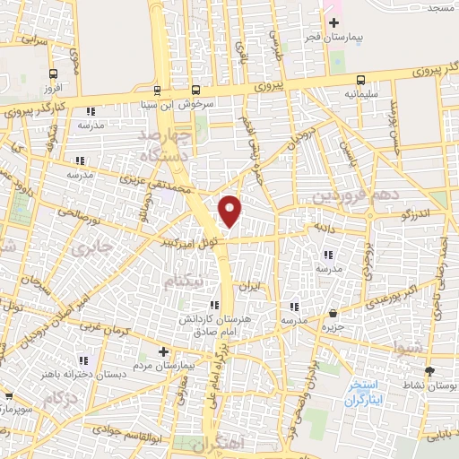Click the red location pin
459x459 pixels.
tap(230, 212)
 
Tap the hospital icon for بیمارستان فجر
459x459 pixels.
tap(333, 23)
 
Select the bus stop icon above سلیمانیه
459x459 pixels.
tap(360, 79)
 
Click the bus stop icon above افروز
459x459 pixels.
tap(54, 74)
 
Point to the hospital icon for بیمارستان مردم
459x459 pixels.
tap(162, 351)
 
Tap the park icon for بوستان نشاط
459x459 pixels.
tap(430, 370)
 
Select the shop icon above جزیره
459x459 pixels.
tap(333, 314)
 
